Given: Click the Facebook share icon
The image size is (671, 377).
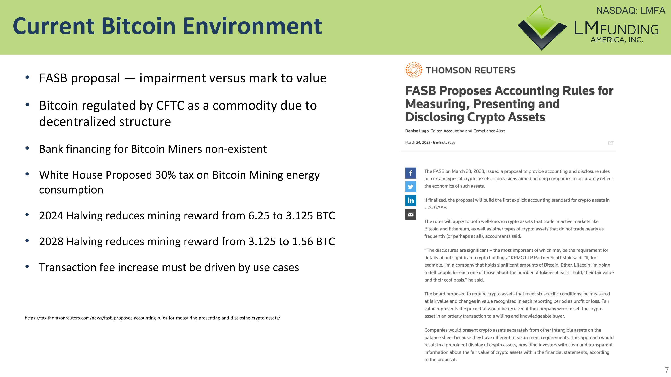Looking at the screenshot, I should tap(410, 173).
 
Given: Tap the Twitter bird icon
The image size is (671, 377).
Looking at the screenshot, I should tap(410, 187).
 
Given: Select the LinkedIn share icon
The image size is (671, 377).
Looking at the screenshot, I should tap(410, 200).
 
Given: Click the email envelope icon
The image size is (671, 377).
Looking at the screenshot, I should tap(410, 214).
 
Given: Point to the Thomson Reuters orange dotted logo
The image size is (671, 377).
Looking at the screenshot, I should tap(414, 70).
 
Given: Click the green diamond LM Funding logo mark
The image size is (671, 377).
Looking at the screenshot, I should tap(542, 27).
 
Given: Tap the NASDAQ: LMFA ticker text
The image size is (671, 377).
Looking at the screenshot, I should tap(630, 11).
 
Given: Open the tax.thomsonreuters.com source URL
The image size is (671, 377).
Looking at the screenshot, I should tap(152, 318).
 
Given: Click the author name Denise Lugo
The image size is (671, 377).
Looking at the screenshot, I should tap(417, 131).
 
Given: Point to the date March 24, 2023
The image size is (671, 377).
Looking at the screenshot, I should tap(418, 143).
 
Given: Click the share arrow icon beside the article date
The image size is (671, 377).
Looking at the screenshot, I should tap(611, 143).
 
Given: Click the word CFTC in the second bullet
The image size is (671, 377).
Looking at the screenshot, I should tap(170, 106).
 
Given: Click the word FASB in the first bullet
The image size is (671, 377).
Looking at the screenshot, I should tap(53, 78).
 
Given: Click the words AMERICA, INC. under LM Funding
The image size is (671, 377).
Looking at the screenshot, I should tap(617, 40).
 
